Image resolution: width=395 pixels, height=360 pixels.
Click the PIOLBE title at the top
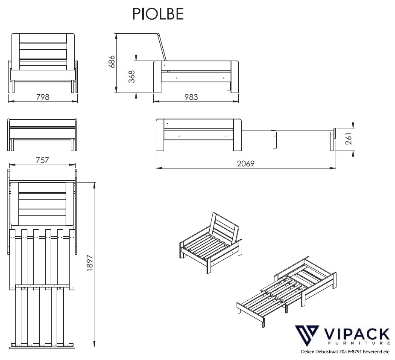tap(158, 14)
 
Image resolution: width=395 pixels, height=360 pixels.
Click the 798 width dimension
tap(43, 97)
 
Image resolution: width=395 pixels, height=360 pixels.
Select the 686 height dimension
tap(111, 62)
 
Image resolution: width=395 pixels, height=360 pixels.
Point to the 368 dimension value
tap(132, 76)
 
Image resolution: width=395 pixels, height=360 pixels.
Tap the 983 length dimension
tap(191, 97)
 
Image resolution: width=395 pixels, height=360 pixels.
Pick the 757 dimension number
tap(42, 160)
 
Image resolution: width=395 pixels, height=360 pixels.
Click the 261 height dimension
tap(348, 139)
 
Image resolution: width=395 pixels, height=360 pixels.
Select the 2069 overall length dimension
tap(246, 164)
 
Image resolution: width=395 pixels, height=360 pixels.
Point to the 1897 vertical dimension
tap(90, 263)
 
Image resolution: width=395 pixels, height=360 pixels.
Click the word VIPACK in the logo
tap(356, 334)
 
